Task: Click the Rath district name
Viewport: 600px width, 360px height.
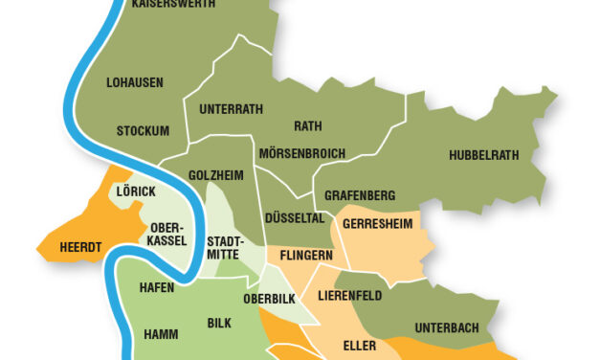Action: click(307, 126)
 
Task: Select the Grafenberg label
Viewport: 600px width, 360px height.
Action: click(360, 195)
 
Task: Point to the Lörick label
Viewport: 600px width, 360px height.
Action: click(135, 191)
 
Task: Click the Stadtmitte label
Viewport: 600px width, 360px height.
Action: click(226, 248)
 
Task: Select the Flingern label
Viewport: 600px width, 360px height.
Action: click(305, 256)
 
